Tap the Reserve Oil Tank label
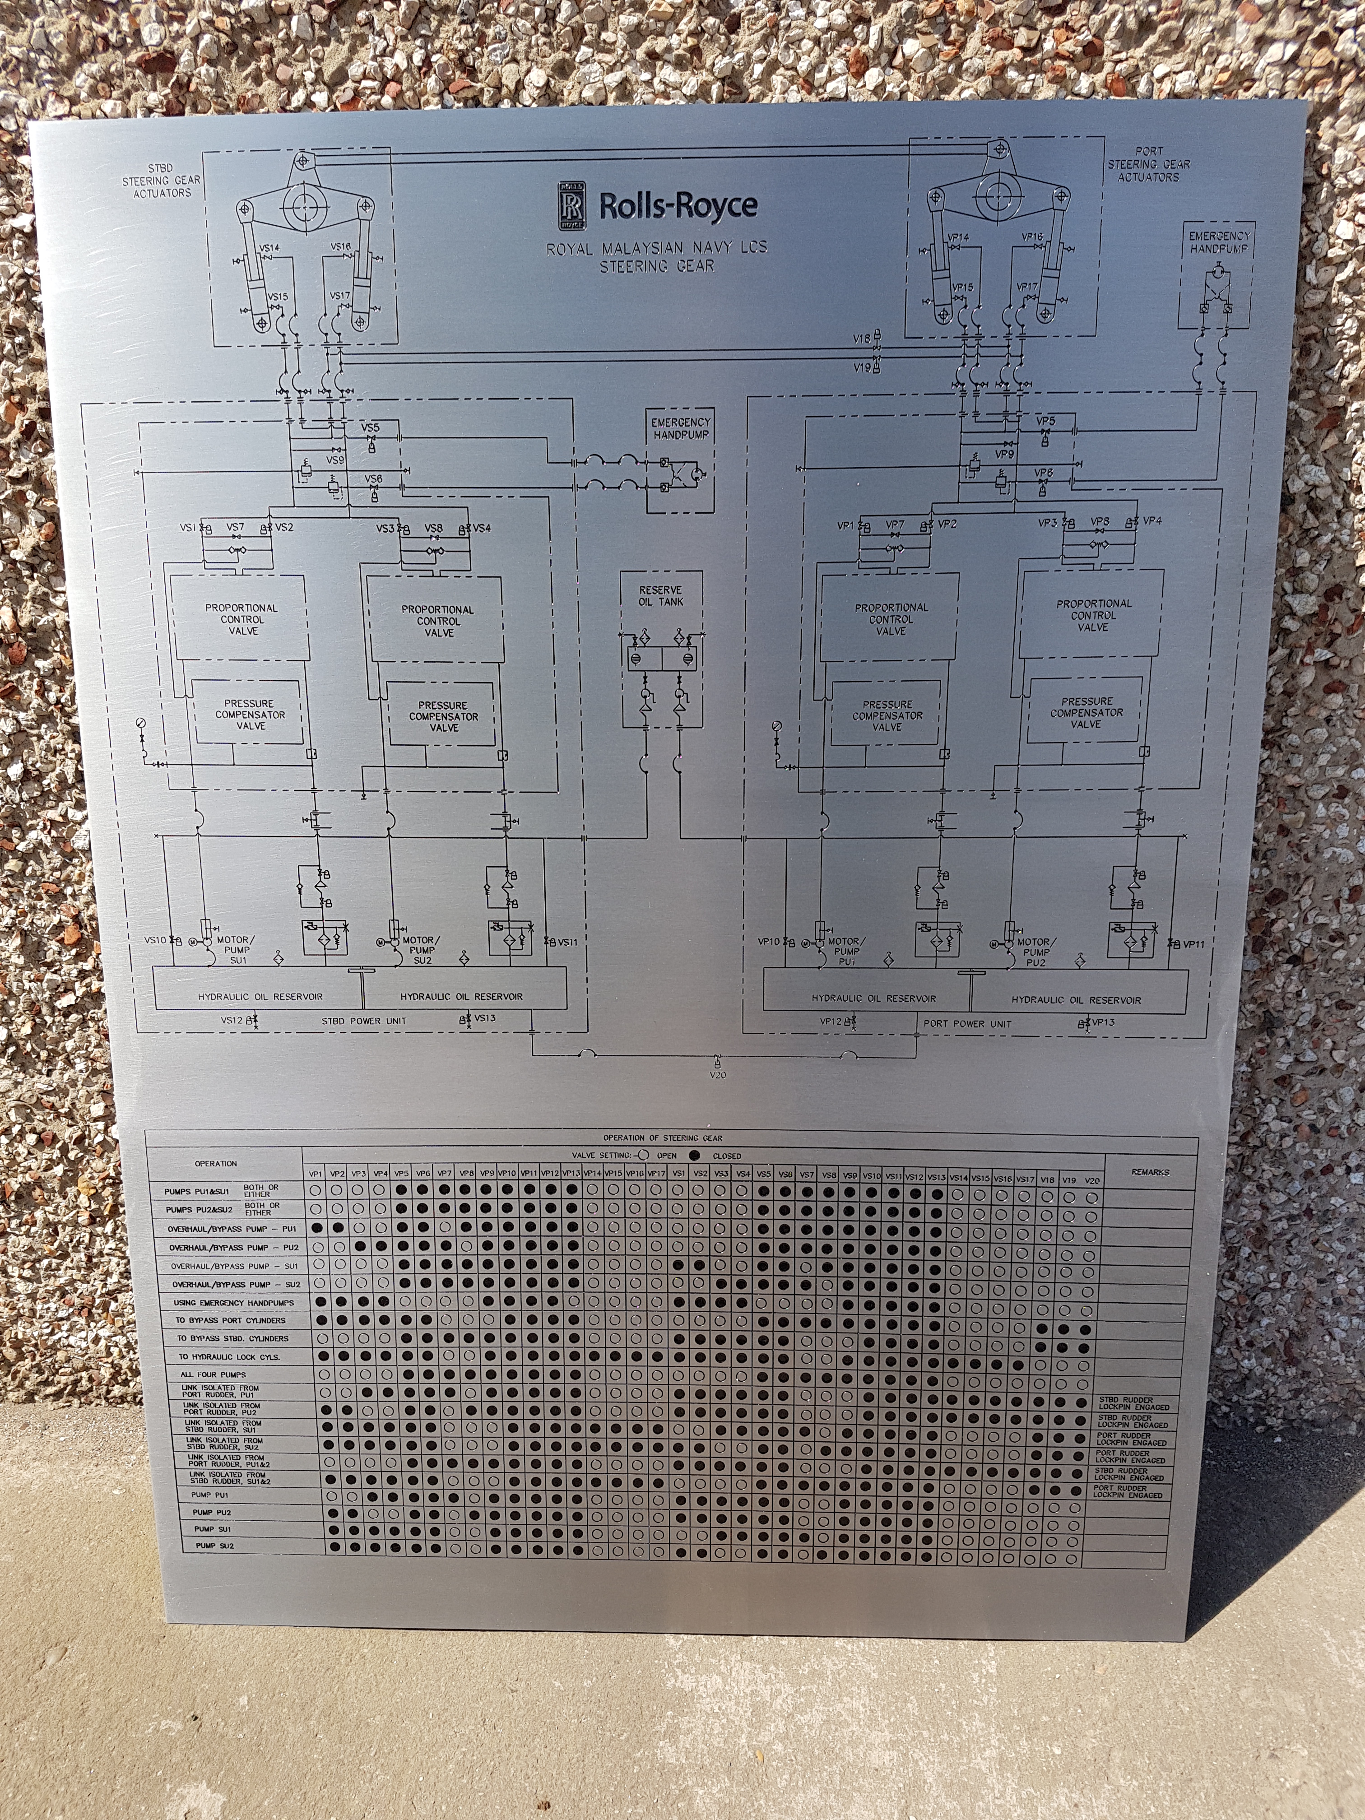click(661, 596)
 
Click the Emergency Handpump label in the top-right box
click(1219, 241)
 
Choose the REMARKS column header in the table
click(1149, 1172)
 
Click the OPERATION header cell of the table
click(216, 1163)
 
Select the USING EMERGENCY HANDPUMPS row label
click(234, 1302)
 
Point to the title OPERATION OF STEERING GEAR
click(662, 1138)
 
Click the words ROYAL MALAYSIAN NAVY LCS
click(657, 248)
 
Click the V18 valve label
click(861, 338)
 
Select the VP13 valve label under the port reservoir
click(1103, 1022)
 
